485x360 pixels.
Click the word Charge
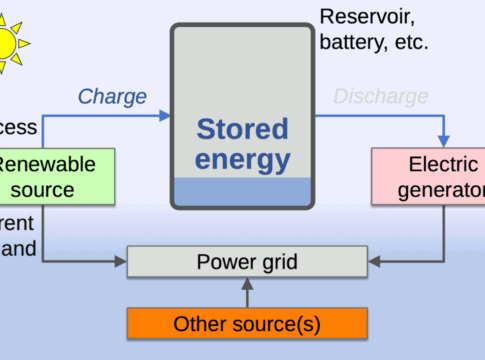112,97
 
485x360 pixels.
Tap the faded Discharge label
380,97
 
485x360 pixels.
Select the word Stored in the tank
242,129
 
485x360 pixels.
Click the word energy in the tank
242,159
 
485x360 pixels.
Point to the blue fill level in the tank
242,193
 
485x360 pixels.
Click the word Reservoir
365,16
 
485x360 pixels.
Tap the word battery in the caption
351,43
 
